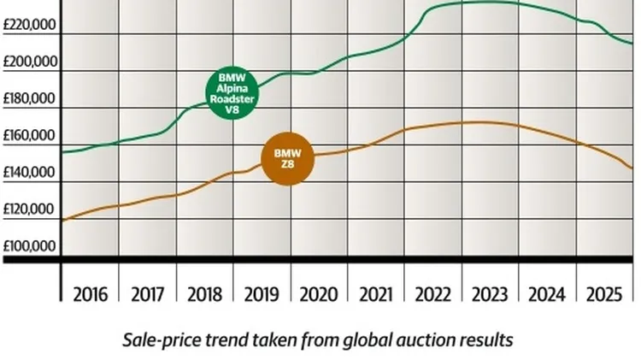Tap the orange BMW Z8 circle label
click(287, 158)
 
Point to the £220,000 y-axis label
click(30, 26)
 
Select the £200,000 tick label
click(30, 62)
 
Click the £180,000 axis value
click(30, 99)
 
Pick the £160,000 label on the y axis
click(30, 136)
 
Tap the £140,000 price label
click(30, 173)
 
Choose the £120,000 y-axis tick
click(30, 210)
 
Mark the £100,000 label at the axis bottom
click(30, 246)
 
